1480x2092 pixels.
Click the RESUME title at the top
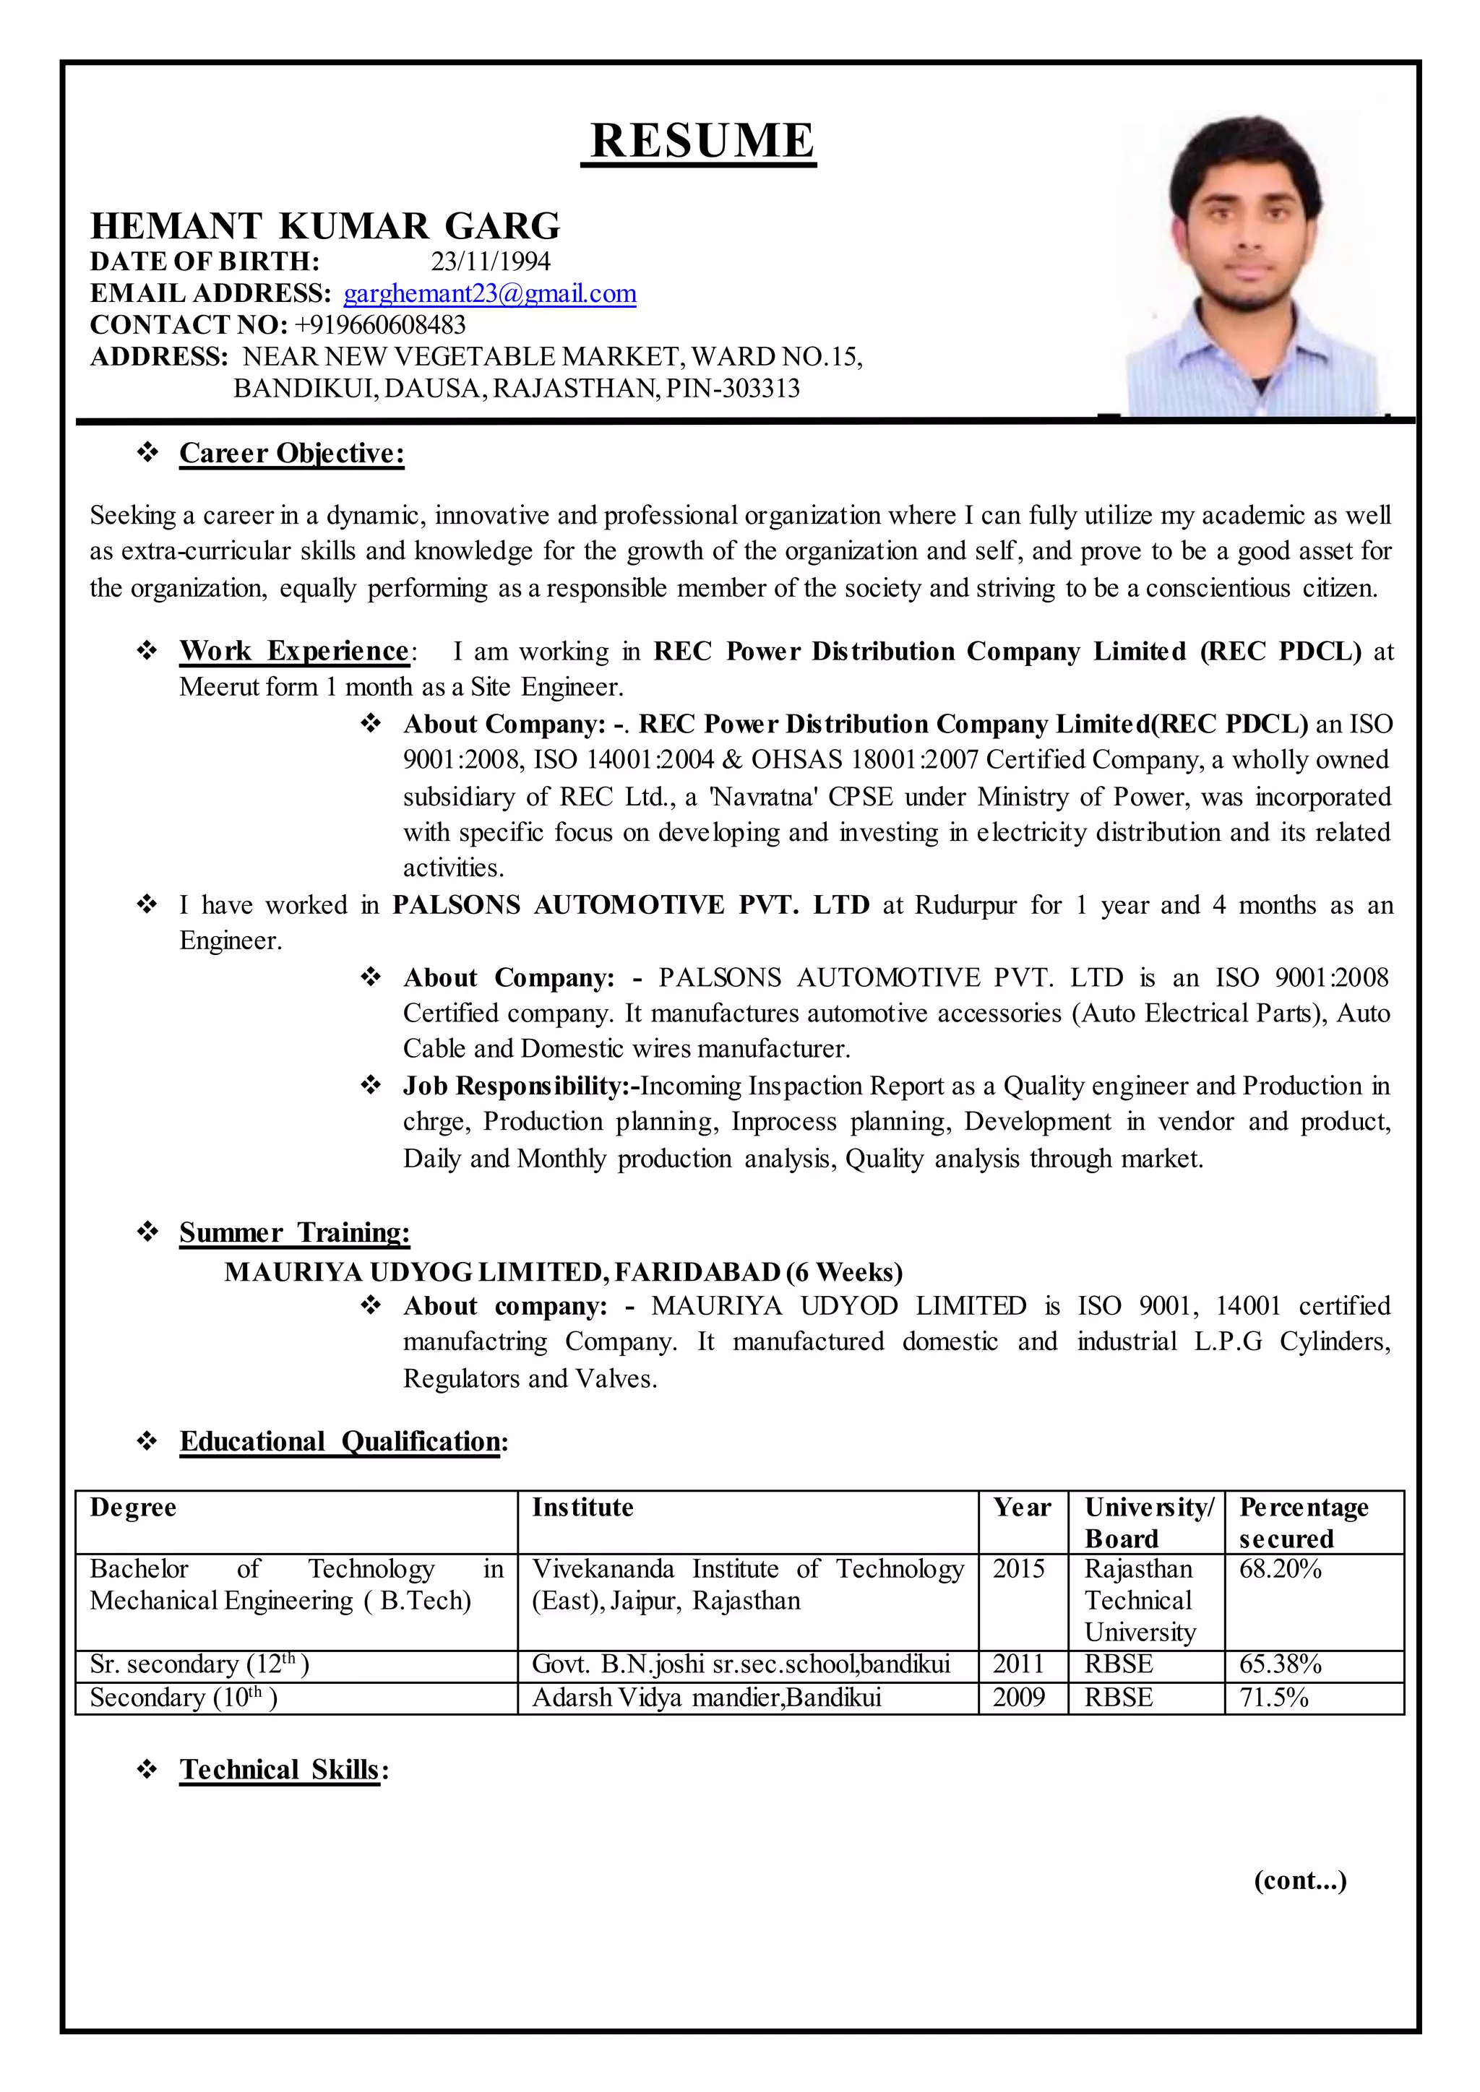[x=700, y=142]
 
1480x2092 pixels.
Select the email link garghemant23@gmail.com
[x=489, y=293]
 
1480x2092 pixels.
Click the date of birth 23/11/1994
[x=490, y=261]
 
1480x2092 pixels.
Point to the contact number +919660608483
[x=379, y=324]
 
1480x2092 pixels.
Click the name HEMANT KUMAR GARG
[x=325, y=226]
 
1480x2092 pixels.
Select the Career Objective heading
[x=292, y=453]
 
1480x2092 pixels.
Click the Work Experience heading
[x=294, y=651]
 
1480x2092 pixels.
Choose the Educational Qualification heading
[x=343, y=1440]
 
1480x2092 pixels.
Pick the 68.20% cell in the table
[x=1280, y=1569]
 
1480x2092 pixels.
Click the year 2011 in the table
[x=1018, y=1664]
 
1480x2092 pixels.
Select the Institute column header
[x=582, y=1507]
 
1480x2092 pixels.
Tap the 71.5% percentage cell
[x=1273, y=1698]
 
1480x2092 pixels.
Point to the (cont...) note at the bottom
[x=1299, y=1880]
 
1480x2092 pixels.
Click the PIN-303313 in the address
[x=733, y=388]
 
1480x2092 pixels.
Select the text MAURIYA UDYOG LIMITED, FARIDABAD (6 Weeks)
[x=563, y=1271]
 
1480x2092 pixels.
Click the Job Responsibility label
[x=520, y=1085]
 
